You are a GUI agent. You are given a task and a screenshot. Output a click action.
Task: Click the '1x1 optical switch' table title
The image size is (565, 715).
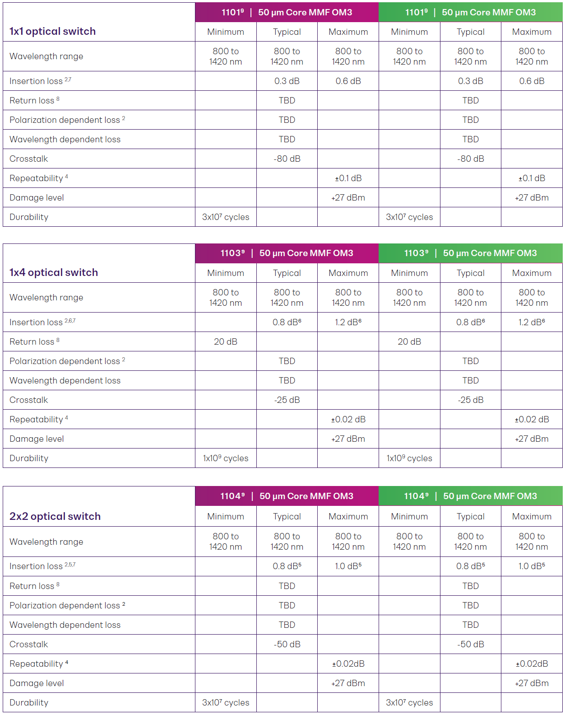coord(52,31)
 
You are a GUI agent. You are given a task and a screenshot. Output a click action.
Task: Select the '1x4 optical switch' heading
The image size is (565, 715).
coord(53,272)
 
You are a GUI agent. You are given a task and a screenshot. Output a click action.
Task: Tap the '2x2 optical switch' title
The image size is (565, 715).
coord(55,516)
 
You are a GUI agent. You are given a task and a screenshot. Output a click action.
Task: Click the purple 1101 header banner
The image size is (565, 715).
coord(287,12)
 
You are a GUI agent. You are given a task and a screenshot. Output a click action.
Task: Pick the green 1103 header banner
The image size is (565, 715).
coord(470,253)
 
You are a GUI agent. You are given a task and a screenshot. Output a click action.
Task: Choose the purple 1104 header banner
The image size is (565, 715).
coord(287,496)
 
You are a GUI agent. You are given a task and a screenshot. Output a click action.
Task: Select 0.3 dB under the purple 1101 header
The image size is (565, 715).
coord(287,81)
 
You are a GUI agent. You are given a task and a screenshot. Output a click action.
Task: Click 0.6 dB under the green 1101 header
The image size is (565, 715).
coord(532,81)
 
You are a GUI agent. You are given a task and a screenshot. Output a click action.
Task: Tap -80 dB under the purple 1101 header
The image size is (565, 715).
coord(287,159)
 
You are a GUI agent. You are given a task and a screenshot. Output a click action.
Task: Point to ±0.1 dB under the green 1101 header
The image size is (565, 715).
coord(532,178)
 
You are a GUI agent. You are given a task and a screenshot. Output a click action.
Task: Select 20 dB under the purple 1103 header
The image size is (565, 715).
coord(225,341)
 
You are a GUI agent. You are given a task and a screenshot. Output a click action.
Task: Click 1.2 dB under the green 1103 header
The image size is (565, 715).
coord(532,322)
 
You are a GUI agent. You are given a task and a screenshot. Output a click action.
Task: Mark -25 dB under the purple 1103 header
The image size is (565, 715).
coord(287,400)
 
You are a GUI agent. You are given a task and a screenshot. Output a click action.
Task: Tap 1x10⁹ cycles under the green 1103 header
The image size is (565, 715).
coord(409,458)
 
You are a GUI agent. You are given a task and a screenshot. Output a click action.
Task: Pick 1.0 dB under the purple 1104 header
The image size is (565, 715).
coord(348,566)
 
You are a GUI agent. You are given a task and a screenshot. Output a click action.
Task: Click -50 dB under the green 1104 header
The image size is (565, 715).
coord(470,644)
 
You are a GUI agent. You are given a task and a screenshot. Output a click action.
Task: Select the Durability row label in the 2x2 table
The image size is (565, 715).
coord(29,702)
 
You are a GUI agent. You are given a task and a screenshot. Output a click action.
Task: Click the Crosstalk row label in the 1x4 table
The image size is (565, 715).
coord(28,400)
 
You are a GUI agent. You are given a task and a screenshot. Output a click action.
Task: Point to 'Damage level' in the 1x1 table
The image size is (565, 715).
coord(37,197)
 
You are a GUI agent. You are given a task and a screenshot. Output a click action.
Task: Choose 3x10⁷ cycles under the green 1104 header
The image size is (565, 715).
coord(409,702)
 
